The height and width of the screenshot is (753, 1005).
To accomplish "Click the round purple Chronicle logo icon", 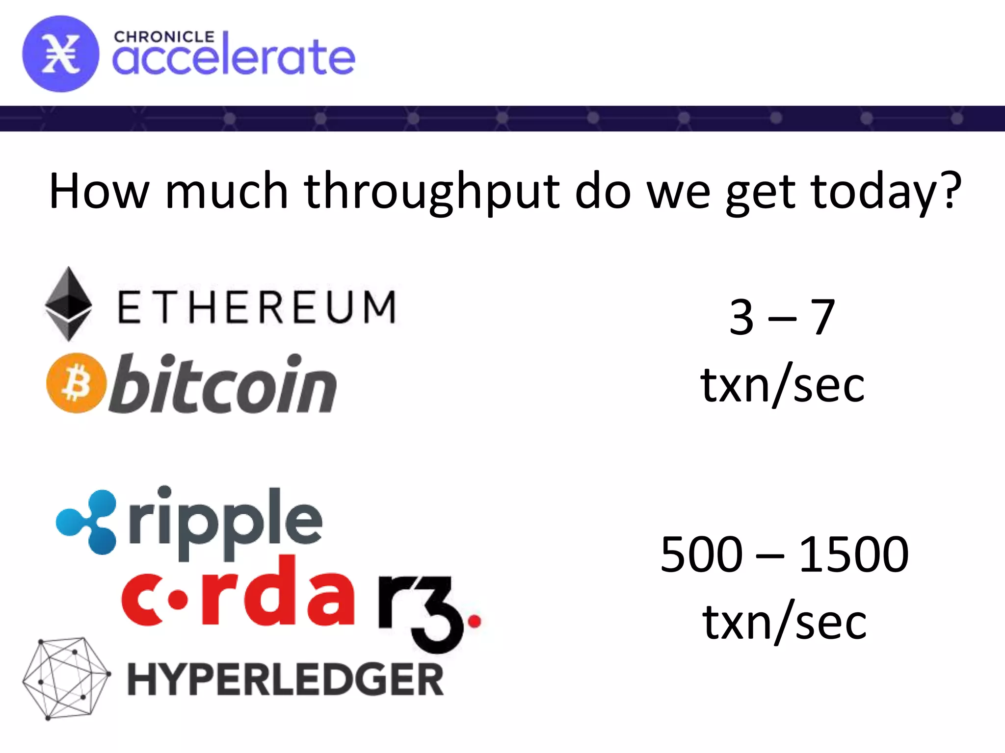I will pos(60,54).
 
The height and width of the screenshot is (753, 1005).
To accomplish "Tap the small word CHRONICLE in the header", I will pos(164,37).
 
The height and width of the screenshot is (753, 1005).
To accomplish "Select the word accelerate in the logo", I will pos(234,58).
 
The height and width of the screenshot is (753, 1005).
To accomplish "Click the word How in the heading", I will pos(99,191).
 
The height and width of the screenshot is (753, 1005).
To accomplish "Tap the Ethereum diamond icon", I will pos(68,304).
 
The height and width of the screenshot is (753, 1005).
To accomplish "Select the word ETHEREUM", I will pos(256,307).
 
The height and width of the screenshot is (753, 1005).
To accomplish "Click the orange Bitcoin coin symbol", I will pos(76,383).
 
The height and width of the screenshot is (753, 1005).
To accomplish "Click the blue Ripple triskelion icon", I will pos(87,522).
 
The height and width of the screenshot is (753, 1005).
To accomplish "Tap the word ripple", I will pos(225,523).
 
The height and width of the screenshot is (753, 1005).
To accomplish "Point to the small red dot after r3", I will pos(475,622).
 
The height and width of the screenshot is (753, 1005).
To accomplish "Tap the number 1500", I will pos(854,554).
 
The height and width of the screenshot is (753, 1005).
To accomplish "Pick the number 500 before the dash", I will pos(702,554).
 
